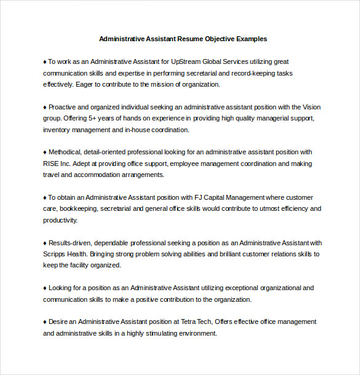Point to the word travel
pos(51,175)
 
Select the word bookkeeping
pos(78,208)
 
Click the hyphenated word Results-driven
pos(71,242)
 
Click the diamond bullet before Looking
pos(45,288)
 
